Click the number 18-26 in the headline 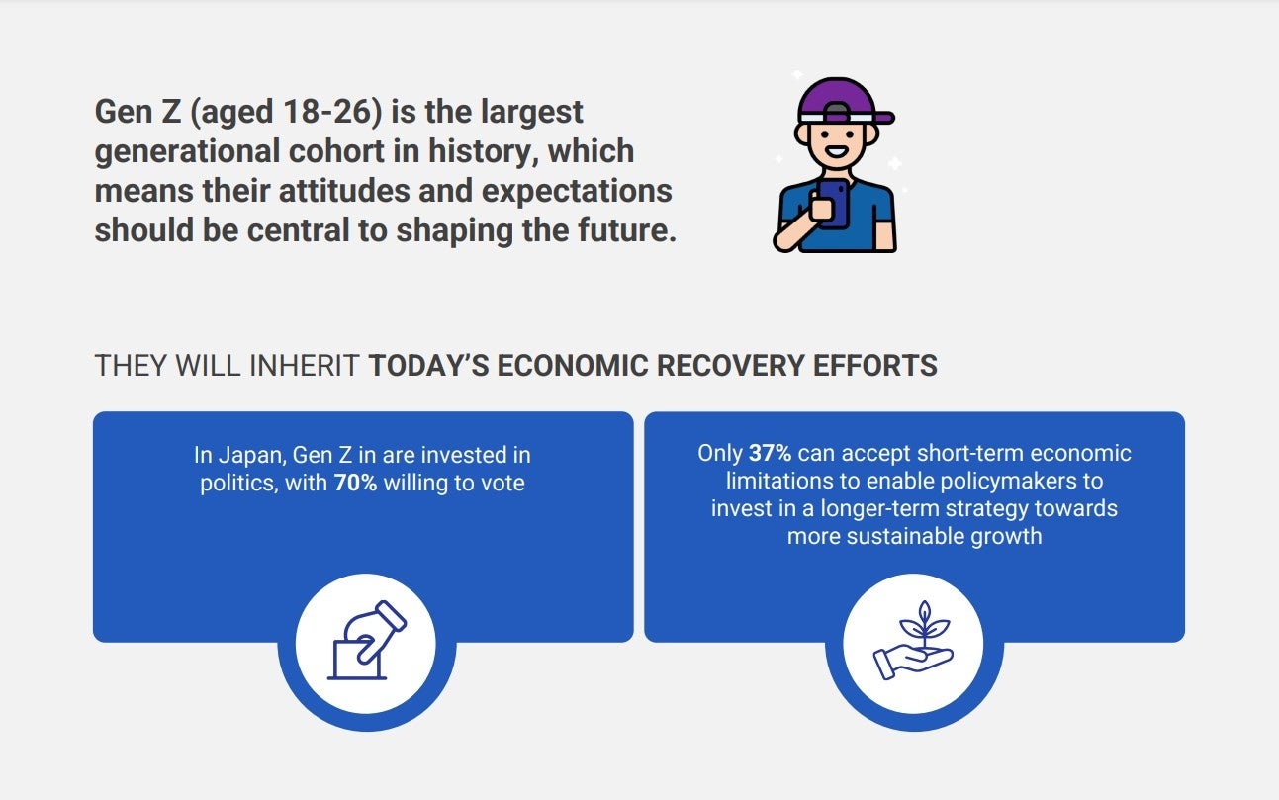[332, 112]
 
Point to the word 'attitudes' [344, 191]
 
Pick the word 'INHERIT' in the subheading [305, 366]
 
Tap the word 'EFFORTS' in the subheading [874, 366]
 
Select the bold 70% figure [355, 484]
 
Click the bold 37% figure [770, 454]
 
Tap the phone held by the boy [834, 204]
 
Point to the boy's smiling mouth [838, 152]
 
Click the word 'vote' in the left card [503, 484]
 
